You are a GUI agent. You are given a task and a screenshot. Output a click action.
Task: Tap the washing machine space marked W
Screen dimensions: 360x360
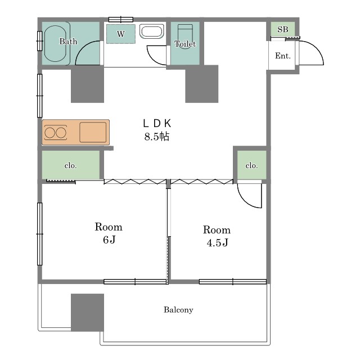pos(121,34)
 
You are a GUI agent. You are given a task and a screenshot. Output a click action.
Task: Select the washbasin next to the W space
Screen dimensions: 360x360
pos(152,31)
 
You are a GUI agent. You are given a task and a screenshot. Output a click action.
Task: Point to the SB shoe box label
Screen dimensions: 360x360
pos(282,29)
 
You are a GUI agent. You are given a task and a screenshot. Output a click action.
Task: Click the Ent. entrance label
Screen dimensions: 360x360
pos(282,56)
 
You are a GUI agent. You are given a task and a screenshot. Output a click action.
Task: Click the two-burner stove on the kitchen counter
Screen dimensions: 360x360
pos(56,133)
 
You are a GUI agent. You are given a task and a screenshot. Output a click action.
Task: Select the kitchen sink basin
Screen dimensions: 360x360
pos(93,132)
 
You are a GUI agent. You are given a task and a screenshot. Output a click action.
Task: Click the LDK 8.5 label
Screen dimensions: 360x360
pos(157,130)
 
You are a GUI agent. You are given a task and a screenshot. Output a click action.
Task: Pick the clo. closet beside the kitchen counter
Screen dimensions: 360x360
pos(71,165)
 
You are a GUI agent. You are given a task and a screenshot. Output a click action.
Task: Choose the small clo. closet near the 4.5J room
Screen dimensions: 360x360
pos(251,165)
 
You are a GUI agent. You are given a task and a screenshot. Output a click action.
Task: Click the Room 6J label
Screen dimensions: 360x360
pos(109,233)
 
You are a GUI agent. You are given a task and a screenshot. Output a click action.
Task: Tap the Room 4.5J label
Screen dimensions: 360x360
pos(217,236)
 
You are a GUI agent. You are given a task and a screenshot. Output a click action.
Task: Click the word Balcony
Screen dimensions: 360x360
pos(178,310)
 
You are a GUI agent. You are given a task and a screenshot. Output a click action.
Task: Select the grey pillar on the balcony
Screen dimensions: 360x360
pos(87,312)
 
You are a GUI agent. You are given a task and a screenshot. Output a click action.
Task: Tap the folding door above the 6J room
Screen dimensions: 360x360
pos(135,182)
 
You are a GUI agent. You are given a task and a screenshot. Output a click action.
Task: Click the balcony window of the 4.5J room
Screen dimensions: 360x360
pos(233,281)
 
